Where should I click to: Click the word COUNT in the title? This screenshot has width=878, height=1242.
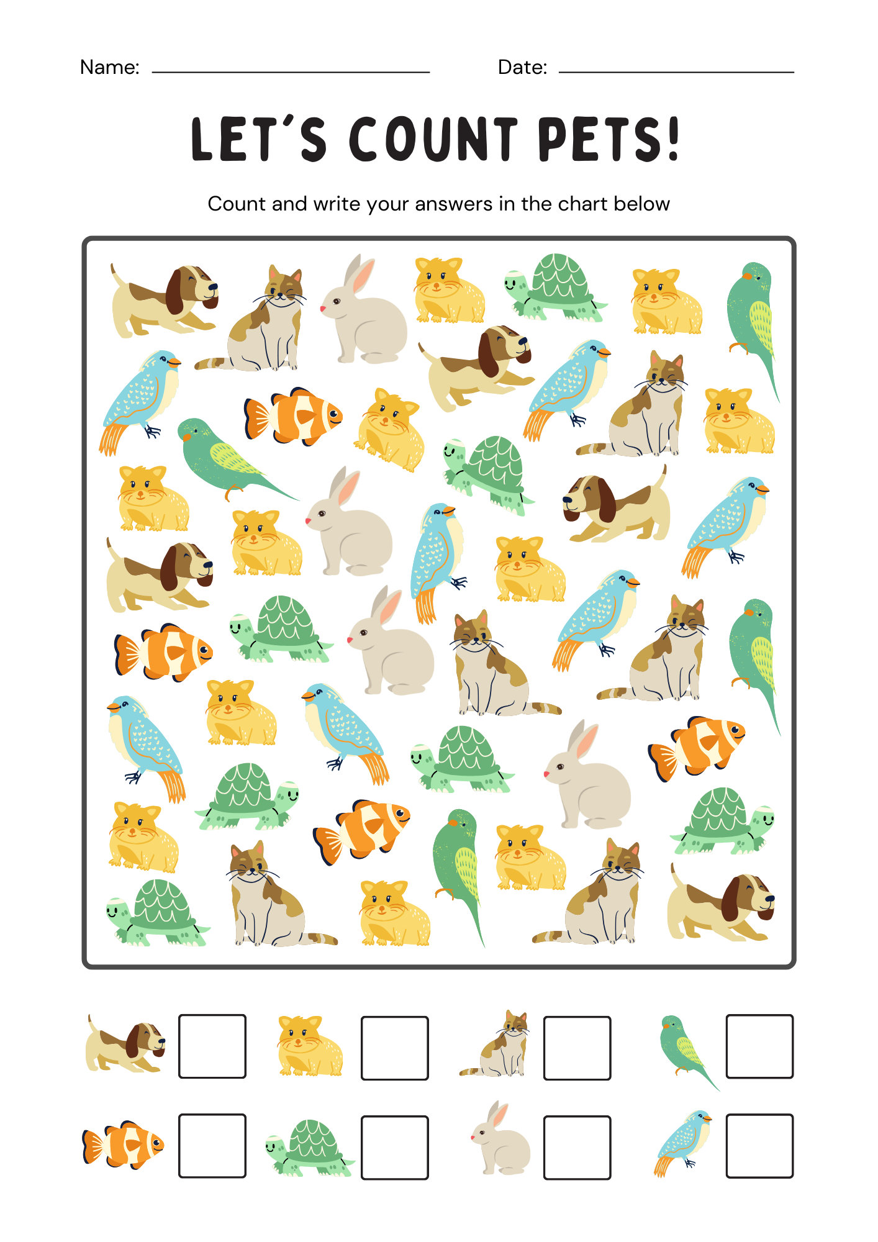tap(433, 139)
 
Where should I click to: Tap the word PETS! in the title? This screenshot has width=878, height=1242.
tap(609, 139)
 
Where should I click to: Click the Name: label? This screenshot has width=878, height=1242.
tap(110, 67)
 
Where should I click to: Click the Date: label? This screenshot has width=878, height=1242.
tap(522, 67)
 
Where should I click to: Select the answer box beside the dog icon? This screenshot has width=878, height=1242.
tap(212, 1046)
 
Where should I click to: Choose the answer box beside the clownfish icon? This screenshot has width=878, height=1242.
tap(212, 1146)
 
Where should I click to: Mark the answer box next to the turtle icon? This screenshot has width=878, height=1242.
tap(395, 1147)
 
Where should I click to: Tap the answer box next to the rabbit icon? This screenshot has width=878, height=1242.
tap(577, 1147)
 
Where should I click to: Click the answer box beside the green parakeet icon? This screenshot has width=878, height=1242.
tap(759, 1046)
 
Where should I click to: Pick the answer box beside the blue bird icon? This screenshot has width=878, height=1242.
tap(759, 1146)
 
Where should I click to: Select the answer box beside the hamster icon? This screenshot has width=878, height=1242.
tap(395, 1048)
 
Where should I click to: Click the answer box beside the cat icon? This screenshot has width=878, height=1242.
tap(577, 1048)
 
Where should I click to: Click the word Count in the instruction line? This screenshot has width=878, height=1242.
tap(237, 204)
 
